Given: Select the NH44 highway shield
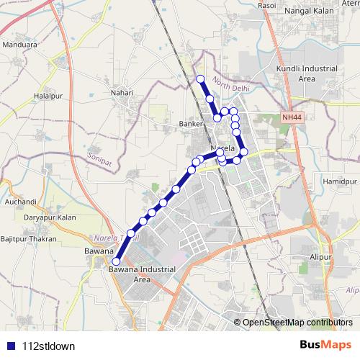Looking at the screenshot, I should point(292,117).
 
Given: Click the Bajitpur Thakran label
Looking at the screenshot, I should point(28,238).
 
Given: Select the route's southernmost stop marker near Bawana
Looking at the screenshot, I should point(116,261).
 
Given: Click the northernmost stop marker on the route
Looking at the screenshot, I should point(200,78).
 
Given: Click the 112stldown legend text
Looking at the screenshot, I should point(49,346).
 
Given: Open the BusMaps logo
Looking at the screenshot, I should point(325,344).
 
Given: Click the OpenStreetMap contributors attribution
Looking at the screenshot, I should point(297,322).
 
